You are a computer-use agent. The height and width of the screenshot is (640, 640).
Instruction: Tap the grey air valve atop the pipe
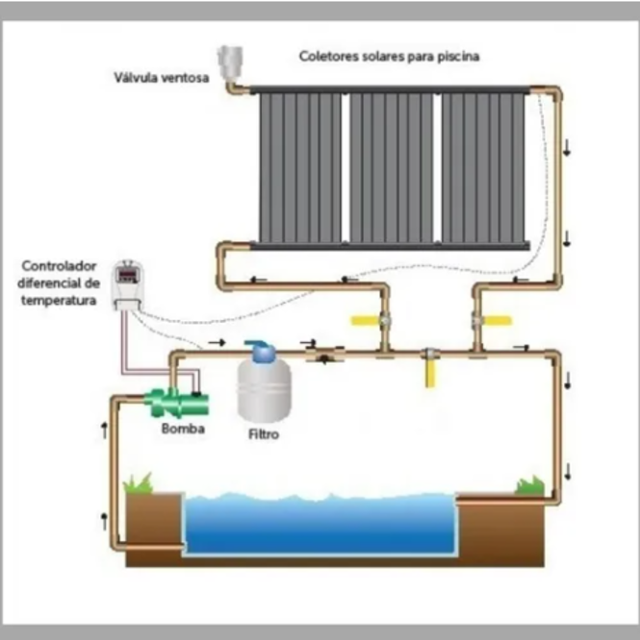coord(230,62)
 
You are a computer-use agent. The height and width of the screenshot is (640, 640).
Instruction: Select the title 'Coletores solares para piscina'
coord(389,57)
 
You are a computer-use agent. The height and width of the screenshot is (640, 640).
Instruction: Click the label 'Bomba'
coord(183,429)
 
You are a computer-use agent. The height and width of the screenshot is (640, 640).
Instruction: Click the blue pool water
coord(319,525)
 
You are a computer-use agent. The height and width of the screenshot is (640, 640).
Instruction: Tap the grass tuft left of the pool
coord(139,481)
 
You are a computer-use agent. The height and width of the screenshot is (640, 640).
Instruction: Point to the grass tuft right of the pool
coord(529,484)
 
